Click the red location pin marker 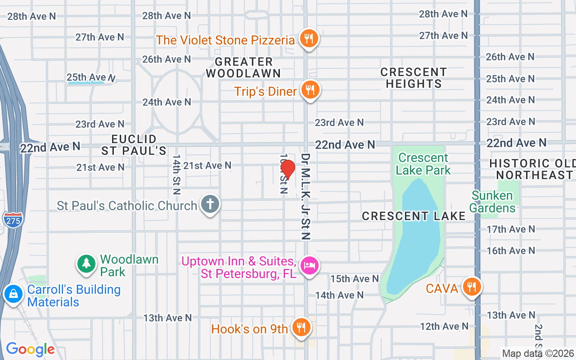tap(288, 170)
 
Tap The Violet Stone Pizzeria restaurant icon tap(308, 39)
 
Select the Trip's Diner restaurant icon tap(309, 90)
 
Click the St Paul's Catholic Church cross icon tap(209, 204)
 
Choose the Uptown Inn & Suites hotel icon tap(309, 265)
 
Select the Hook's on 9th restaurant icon tap(300, 328)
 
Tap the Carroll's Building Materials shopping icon tap(13, 294)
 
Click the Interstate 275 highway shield tap(13, 220)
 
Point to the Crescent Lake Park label tap(423, 164)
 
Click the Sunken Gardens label tap(493, 202)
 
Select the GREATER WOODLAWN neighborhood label tap(243, 67)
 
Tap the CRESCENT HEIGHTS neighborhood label tap(414, 78)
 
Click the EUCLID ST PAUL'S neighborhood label tap(134, 144)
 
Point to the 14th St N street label tap(176, 175)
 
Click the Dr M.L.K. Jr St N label tap(306, 196)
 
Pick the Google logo tap(30, 349)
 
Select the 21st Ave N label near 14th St tap(207, 166)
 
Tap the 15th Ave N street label tap(355, 279)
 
